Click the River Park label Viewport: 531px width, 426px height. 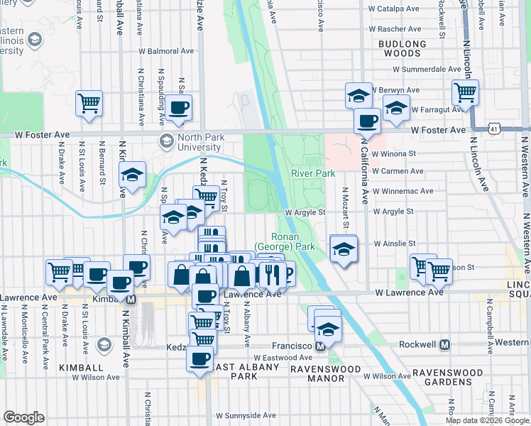pos(313,173)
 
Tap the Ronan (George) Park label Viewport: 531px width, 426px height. pos(293,241)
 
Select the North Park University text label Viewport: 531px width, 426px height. pos(190,142)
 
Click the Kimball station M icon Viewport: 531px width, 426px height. pos(131,300)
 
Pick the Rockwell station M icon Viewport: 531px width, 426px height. pos(445,344)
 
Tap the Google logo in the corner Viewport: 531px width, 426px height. pos(23,417)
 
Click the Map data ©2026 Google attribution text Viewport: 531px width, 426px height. pos(486,420)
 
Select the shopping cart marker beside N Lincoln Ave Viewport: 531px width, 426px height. pos(465,92)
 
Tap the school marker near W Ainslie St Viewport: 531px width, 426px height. pos(344,249)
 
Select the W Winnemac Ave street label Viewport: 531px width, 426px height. pos(407,191)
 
